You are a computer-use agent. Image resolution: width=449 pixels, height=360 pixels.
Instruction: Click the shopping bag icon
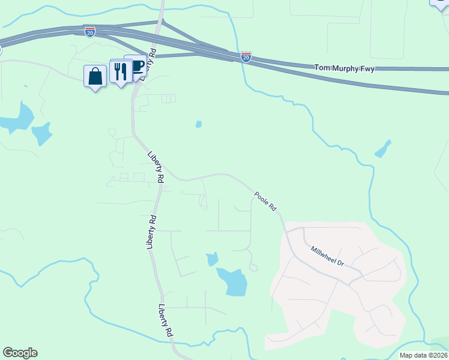[x=95, y=76]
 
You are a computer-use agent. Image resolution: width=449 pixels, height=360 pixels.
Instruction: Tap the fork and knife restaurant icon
[x=121, y=71]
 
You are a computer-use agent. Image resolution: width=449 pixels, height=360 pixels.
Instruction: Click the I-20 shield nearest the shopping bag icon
[x=90, y=31]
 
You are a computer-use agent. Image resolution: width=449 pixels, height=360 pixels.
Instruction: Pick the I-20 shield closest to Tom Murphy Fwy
[x=246, y=56]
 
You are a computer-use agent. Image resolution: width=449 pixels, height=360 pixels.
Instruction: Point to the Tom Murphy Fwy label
[x=345, y=69]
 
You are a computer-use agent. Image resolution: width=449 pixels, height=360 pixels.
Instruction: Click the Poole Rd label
[x=265, y=200]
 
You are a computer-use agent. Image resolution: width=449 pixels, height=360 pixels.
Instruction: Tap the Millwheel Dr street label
[x=327, y=255]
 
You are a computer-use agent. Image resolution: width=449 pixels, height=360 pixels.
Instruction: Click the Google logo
[x=20, y=353]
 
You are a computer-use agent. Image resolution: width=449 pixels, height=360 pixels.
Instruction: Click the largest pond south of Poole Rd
[x=232, y=281]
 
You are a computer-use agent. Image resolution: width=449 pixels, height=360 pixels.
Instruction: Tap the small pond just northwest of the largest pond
[x=211, y=259]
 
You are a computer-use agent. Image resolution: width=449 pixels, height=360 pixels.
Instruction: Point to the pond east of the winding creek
[x=382, y=149]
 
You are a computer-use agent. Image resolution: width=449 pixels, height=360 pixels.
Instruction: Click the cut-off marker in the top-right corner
[x=440, y=3]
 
